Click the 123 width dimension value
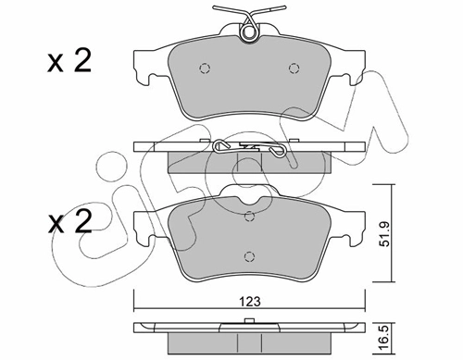pos(250,301)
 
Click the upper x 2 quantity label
pos(69,62)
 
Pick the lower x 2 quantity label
pos(69,222)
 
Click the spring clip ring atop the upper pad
pos(249,31)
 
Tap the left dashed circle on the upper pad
pos(205,68)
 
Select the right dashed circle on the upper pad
pos(294,68)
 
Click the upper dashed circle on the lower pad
pos(249,217)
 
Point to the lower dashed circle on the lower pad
pos(249,256)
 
